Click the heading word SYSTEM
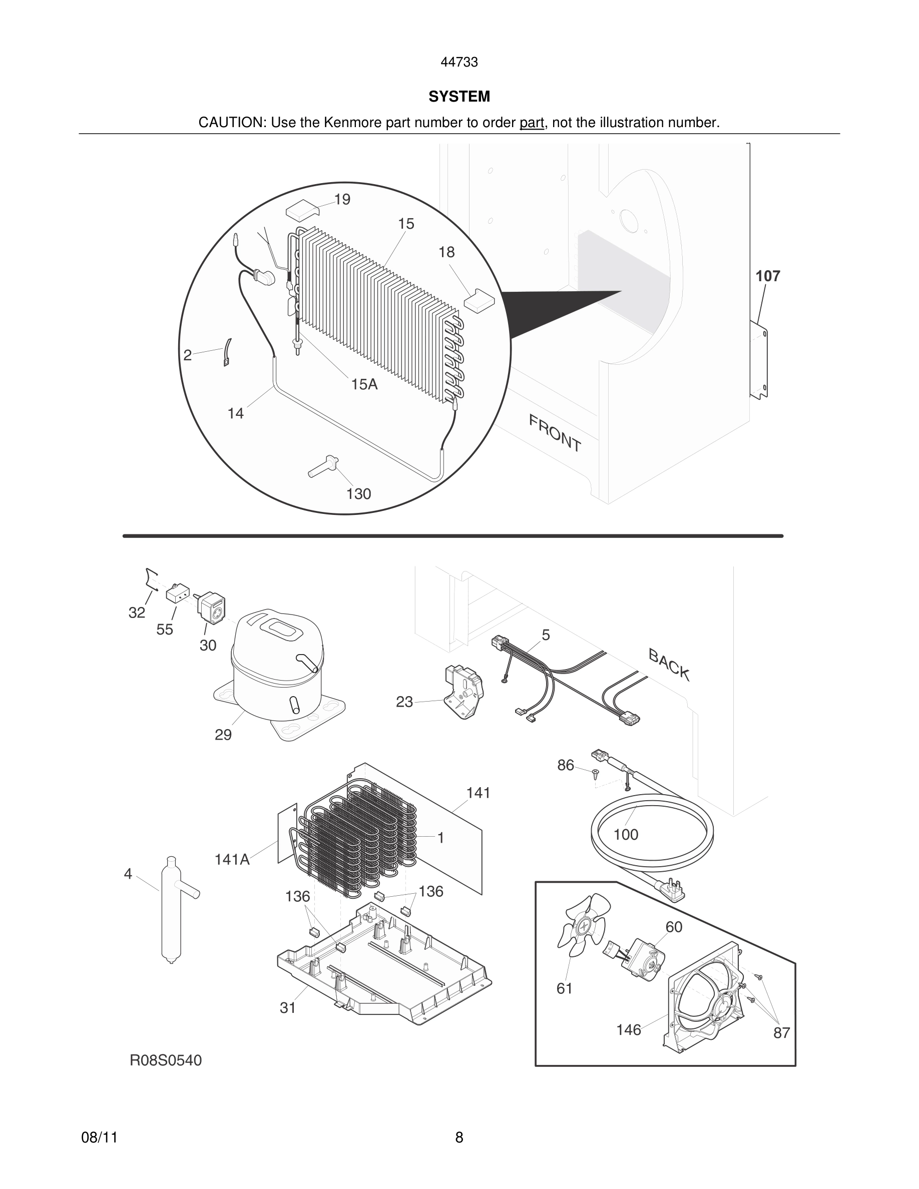click(x=459, y=97)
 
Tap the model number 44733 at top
click(x=459, y=63)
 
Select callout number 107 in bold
click(x=767, y=276)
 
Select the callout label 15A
click(x=364, y=384)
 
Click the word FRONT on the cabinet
click(x=555, y=433)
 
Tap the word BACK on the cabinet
click(x=669, y=665)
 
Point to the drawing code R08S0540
click(x=166, y=1060)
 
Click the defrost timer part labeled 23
click(x=463, y=692)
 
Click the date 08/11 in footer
click(x=99, y=1137)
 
